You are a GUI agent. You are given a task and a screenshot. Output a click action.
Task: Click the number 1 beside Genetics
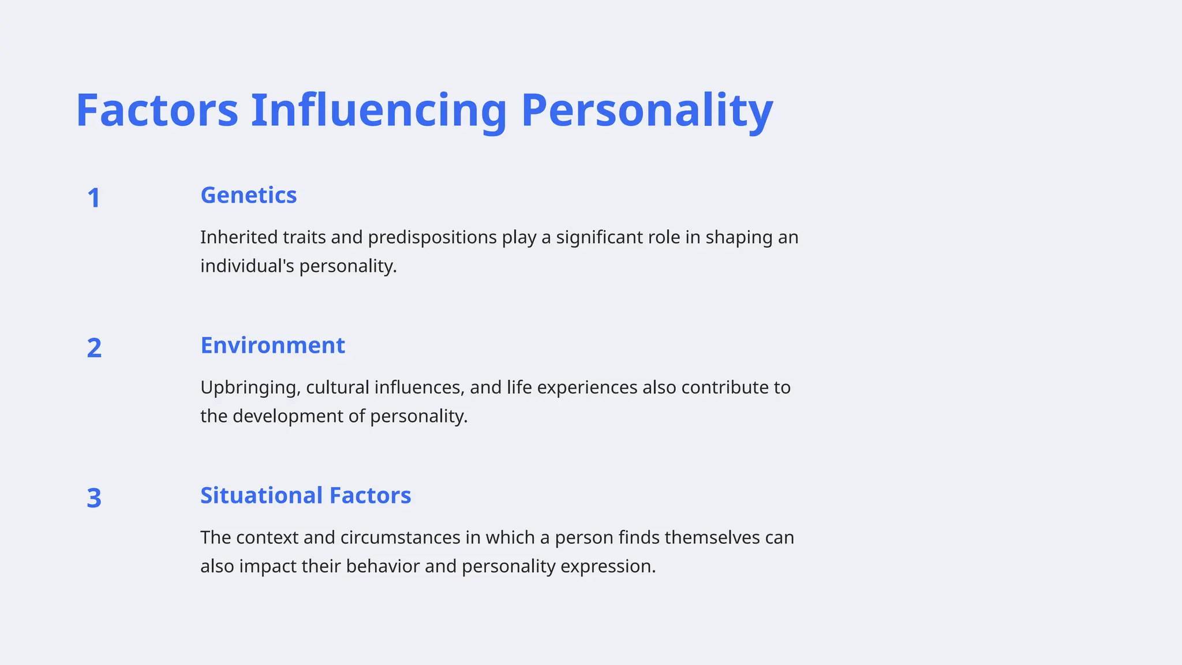point(93,198)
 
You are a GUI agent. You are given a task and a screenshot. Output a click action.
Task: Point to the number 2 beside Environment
point(94,348)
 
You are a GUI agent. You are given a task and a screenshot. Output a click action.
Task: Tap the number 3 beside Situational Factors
point(94,498)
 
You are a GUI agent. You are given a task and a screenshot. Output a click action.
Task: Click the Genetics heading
point(248,195)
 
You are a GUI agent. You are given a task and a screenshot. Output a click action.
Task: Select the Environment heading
point(272,345)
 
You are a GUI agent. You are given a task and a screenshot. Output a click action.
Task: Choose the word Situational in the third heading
point(261,495)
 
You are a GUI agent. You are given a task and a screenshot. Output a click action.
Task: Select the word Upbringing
point(250,387)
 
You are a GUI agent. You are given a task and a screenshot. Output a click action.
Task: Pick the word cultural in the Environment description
point(337,387)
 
